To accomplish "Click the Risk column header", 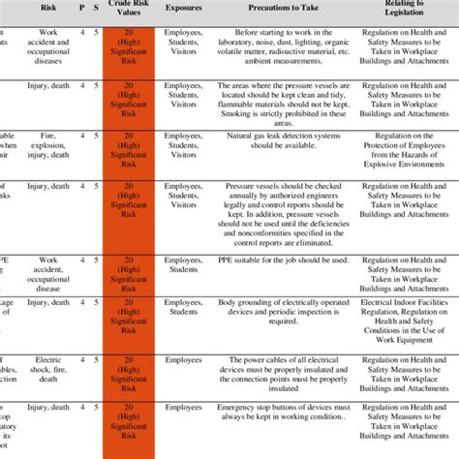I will click(x=48, y=9).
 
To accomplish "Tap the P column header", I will click(x=83, y=9).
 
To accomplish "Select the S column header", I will click(x=95, y=9).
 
